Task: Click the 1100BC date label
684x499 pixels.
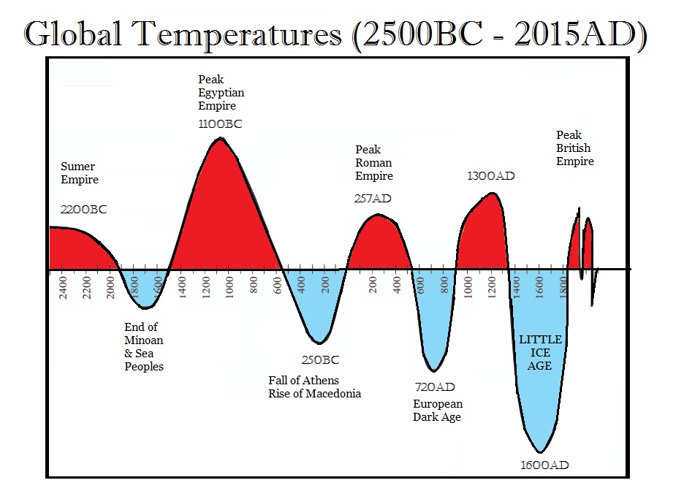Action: pyautogui.click(x=219, y=124)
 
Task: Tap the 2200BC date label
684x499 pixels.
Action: pyautogui.click(x=83, y=210)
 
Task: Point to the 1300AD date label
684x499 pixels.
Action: pyautogui.click(x=491, y=176)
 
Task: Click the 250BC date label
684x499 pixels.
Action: pyautogui.click(x=320, y=360)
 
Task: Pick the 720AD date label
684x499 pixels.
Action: pyautogui.click(x=435, y=387)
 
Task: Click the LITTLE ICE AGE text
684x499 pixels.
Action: pyautogui.click(x=540, y=352)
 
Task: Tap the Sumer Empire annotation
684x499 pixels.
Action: pyautogui.click(x=79, y=173)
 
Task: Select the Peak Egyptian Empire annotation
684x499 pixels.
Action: pyautogui.click(x=221, y=93)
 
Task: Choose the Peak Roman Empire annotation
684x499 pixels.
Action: pyautogui.click(x=374, y=163)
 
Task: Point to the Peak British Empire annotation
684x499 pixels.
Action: pyautogui.click(x=575, y=148)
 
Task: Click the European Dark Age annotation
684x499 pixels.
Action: pyautogui.click(x=438, y=411)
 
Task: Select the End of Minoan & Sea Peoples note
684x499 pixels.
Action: pyautogui.click(x=144, y=347)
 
